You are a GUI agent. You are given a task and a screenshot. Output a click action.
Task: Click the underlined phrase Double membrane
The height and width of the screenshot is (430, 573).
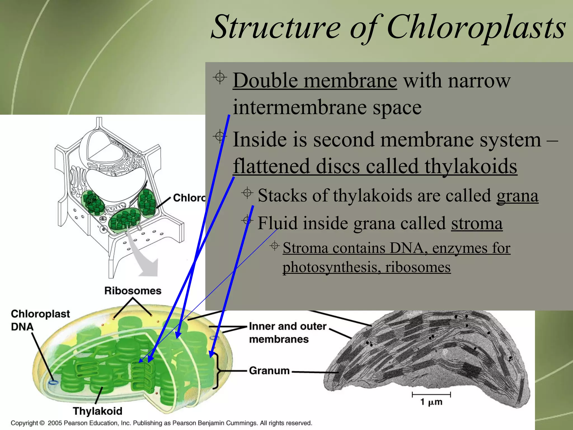coord(314,81)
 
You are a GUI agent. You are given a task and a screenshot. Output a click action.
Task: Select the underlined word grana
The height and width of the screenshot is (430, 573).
coord(517,196)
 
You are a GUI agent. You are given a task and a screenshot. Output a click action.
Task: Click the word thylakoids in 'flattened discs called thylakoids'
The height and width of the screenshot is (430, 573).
coord(471,166)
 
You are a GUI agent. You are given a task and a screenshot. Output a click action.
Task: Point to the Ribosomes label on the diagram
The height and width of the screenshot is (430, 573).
coord(133,291)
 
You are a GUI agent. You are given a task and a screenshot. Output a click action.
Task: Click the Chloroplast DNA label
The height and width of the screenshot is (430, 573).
coord(40,320)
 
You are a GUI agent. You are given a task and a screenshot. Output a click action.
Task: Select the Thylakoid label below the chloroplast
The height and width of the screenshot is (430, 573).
coord(97,411)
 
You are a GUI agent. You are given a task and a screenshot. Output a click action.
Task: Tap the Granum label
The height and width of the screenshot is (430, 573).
coord(269,371)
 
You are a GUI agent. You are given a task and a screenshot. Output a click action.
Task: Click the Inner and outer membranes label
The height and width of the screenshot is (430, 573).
coord(288,333)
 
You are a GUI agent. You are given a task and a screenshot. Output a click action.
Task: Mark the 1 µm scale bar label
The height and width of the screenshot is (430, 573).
coord(431,402)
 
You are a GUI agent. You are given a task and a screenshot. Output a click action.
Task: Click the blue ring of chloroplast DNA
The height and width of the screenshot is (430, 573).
coord(53,382)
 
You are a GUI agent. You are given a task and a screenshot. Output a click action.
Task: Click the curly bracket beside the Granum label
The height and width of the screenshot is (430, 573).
coord(217,371)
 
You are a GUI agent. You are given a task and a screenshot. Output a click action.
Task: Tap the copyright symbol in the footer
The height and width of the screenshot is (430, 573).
coord(42,423)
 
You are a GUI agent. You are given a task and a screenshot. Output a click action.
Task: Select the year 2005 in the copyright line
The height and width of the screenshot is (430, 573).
coord(55,423)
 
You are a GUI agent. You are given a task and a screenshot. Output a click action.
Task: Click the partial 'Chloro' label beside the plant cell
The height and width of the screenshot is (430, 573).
coord(189,198)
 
